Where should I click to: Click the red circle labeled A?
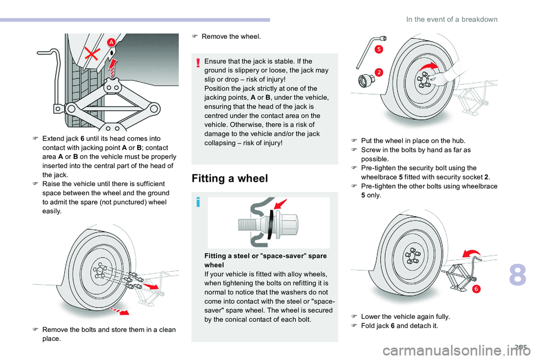point(111,43)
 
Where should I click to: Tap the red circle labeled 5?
point(379,49)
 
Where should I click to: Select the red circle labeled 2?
point(379,72)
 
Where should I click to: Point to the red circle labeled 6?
point(475,289)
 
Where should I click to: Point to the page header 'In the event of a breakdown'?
point(452,19)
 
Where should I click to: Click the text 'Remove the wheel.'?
point(231,37)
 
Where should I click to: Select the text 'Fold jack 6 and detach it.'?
point(399,326)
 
